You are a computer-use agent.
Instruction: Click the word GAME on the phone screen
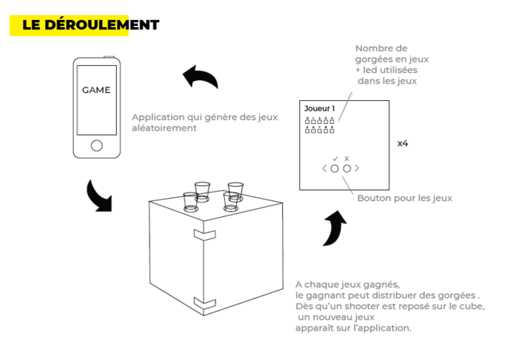[96, 90]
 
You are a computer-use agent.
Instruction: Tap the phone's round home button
[97, 145]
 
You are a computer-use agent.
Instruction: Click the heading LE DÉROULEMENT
[91, 25]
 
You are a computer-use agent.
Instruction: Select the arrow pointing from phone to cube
[99, 197]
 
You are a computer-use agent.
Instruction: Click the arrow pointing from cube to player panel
[336, 227]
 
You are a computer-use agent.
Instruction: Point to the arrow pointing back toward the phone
[201, 75]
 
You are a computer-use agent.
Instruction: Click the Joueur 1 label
[320, 108]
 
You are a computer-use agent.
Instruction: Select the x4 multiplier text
[403, 143]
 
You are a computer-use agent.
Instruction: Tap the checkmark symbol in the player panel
[335, 158]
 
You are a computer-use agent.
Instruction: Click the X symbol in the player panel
[347, 158]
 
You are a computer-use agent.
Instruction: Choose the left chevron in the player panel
[324, 168]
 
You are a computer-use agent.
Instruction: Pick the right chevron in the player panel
[357, 168]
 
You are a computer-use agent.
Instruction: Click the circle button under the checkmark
[335, 168]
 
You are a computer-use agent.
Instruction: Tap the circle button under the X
[347, 168]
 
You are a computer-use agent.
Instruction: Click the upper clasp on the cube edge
[204, 234]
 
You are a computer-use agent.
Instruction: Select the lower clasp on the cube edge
[204, 302]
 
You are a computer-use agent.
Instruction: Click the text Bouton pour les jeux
[405, 198]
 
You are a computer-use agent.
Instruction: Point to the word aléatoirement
[165, 128]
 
